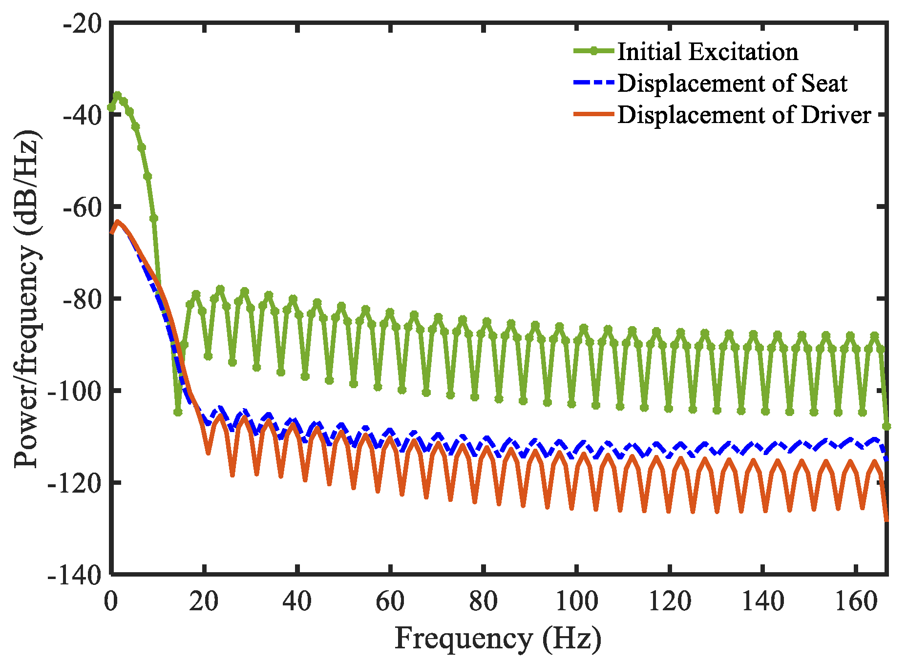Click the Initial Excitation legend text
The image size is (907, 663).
click(708, 52)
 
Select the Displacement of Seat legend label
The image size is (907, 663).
click(732, 83)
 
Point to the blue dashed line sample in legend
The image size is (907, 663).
click(593, 83)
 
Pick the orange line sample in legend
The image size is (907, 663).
click(593, 115)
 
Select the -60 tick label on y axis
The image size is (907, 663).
click(83, 207)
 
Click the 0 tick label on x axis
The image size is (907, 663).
click(111, 601)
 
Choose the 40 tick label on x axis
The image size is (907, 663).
click(297, 601)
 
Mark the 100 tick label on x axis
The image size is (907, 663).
click(577, 601)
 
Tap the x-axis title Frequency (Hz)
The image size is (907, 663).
click(498, 639)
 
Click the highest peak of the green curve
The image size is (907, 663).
click(118, 95)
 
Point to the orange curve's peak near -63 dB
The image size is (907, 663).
click(117, 222)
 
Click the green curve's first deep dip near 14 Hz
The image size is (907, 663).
click(178, 413)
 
